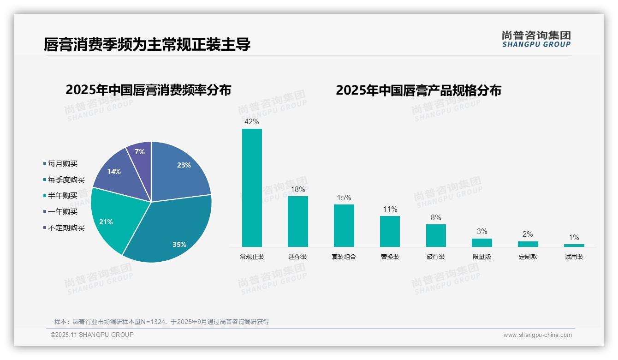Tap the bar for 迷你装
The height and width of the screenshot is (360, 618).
298,222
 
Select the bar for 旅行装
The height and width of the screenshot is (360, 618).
436,235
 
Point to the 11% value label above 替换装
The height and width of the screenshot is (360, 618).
390,210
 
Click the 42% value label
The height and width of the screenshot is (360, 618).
252,122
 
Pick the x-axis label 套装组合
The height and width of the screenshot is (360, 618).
344,257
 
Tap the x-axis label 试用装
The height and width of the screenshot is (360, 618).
574,257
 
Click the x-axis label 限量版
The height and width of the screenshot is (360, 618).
482,257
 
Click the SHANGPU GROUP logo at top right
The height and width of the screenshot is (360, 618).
536,39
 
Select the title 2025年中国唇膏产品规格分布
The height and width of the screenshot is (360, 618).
418,90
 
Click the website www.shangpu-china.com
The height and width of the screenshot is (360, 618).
537,335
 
